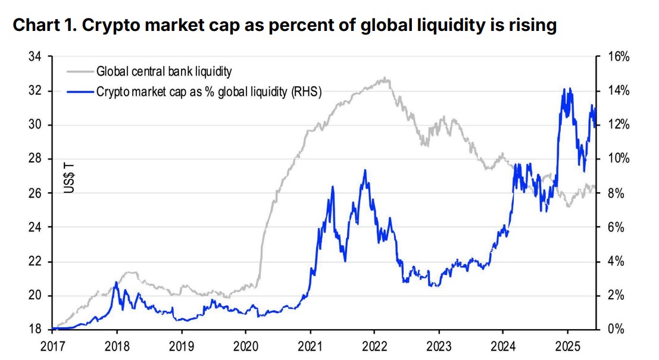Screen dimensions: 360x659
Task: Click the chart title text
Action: pyautogui.click(x=285, y=26)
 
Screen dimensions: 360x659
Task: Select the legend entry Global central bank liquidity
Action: pyautogui.click(x=164, y=72)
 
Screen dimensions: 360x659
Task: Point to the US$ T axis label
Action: pyautogui.click(x=69, y=176)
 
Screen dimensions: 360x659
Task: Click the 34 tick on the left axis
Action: pyautogui.click(x=36, y=57)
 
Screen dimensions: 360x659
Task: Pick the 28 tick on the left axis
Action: pyautogui.click(x=36, y=159)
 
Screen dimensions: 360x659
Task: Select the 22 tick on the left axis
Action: pyautogui.click(x=36, y=262)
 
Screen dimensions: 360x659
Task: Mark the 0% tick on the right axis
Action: pyautogui.click(x=616, y=330)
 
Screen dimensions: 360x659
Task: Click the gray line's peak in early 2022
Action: pyautogui.click(x=386, y=77)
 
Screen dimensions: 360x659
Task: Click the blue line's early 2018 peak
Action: pyautogui.click(x=116, y=282)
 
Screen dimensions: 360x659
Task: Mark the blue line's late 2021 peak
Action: pyautogui.click(x=364, y=170)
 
